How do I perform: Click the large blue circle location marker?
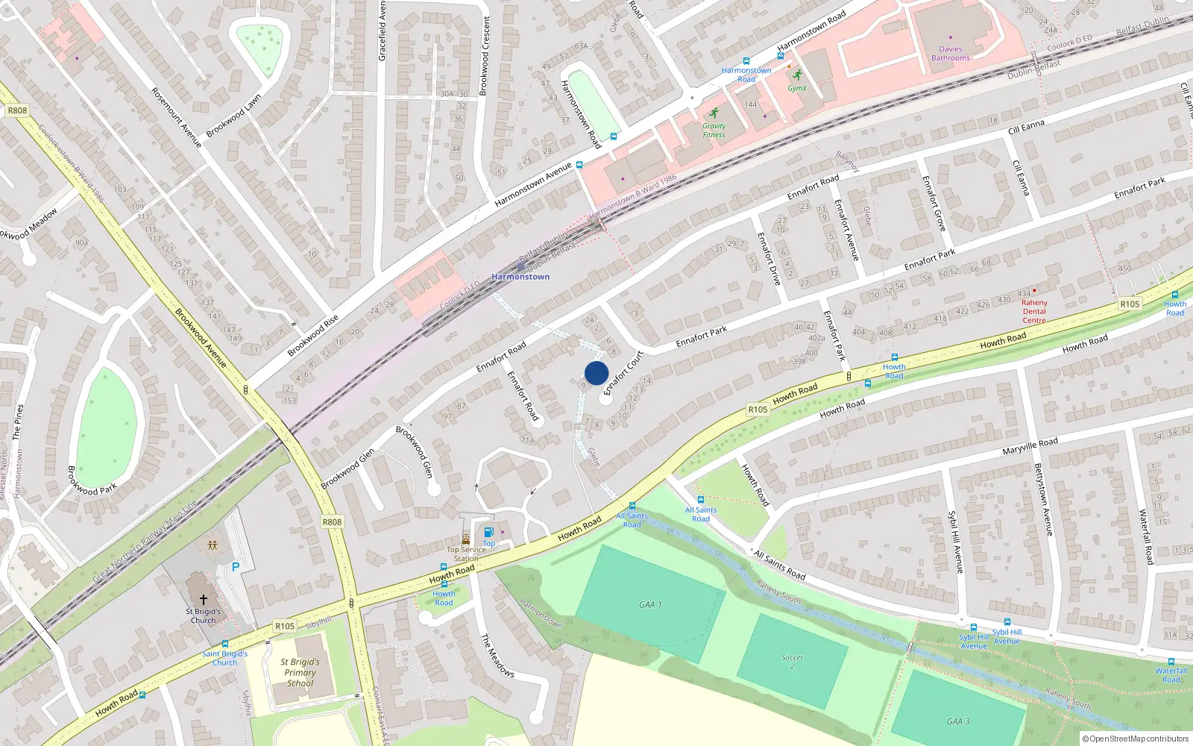point(596,373)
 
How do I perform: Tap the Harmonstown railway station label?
point(520,277)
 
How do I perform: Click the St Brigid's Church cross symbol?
point(203,599)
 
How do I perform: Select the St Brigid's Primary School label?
point(300,672)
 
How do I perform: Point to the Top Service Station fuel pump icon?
point(488,532)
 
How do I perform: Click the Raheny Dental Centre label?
point(1034,312)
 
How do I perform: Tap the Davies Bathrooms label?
point(951,54)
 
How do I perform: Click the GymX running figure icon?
point(797,75)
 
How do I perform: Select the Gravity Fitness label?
point(714,131)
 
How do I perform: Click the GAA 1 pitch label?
point(650,604)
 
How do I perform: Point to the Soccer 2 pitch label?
point(793,662)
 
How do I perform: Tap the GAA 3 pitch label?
point(958,721)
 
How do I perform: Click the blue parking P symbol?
point(236,567)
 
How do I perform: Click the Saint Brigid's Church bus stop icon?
point(225,644)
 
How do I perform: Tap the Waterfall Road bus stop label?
point(1171,675)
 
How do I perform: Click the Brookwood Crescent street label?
point(485,56)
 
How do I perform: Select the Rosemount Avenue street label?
point(177,117)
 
